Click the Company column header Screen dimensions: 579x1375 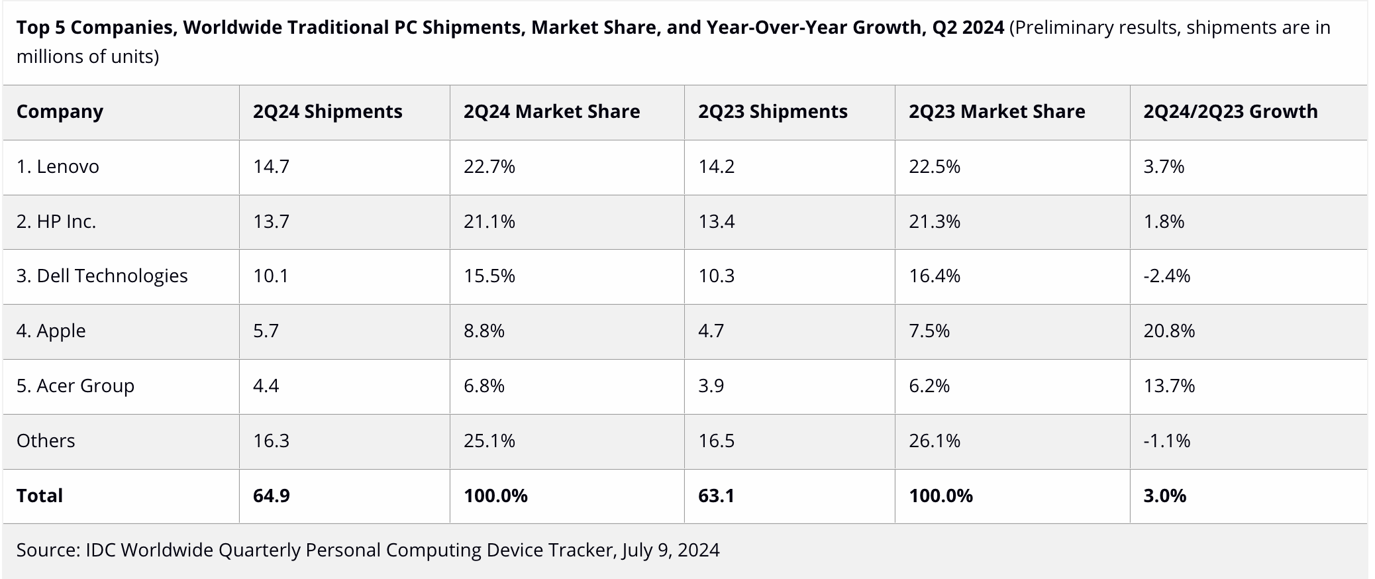click(x=60, y=111)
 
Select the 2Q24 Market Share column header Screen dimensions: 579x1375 click(x=551, y=111)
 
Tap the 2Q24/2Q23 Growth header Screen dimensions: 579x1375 click(x=1230, y=111)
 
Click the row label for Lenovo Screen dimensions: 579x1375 click(x=58, y=166)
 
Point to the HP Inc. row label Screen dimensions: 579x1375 click(x=56, y=221)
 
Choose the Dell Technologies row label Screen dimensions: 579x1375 click(x=102, y=276)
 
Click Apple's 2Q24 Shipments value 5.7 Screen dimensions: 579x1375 click(x=266, y=331)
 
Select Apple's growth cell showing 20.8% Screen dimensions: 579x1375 click(x=1169, y=331)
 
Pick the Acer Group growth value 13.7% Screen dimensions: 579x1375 click(x=1169, y=386)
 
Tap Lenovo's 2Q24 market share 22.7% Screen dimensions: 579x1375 click(x=489, y=166)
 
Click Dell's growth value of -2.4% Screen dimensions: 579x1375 click(x=1166, y=276)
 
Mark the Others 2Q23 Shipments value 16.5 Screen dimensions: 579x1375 click(x=716, y=441)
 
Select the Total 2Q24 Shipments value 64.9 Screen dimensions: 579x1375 click(x=271, y=496)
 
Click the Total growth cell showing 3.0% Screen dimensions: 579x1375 click(x=1164, y=496)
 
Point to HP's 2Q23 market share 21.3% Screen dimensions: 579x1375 click(x=934, y=221)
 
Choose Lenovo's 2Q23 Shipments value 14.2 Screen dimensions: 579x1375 click(x=716, y=166)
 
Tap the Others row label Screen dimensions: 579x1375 click(x=46, y=441)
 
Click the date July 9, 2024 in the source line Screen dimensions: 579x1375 click(x=670, y=550)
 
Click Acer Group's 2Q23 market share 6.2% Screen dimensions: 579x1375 click(x=929, y=386)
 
